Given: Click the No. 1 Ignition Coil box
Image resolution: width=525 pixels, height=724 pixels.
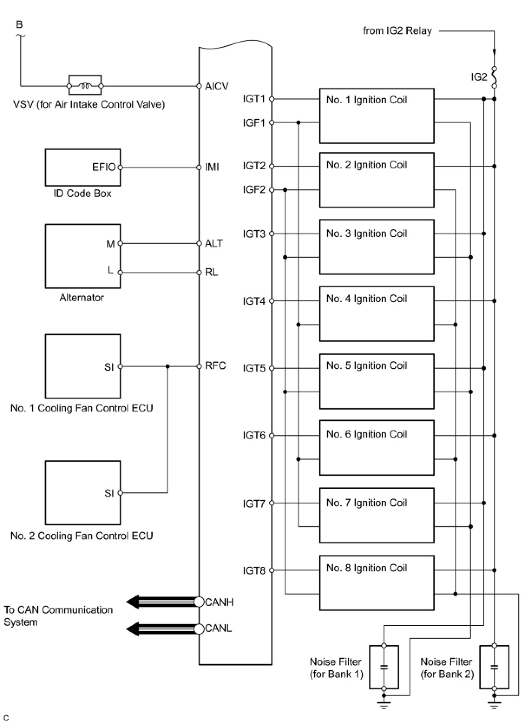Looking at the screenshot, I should tap(377, 116).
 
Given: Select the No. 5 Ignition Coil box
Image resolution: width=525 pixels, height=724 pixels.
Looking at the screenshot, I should tap(377, 381).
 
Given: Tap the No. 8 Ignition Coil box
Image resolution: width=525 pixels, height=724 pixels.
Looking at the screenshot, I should tap(377, 582).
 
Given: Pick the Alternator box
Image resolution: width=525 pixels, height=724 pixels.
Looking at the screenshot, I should tap(83, 256).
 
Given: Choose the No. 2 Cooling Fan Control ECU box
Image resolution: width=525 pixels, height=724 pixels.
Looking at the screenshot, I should tap(83, 493).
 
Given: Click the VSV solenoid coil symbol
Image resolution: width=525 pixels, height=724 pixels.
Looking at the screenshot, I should tap(85, 86).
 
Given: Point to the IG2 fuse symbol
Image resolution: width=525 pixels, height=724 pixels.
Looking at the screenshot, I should tap(494, 77).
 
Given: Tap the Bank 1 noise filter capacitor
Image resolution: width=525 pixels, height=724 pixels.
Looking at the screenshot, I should tap(384, 667).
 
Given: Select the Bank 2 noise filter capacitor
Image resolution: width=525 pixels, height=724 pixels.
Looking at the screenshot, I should tap(494, 667).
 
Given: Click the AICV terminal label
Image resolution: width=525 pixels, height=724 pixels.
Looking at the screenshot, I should tap(217, 86).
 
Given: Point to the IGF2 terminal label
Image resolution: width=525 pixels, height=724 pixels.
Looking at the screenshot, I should tap(254, 190).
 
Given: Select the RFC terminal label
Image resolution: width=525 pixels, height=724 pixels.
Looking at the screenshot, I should tap(215, 366).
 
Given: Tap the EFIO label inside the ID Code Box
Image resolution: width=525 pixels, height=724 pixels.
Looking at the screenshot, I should tap(104, 167).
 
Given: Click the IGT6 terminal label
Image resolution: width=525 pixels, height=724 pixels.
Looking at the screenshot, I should tap(254, 435).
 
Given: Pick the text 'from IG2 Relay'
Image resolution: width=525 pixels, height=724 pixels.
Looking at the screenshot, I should tap(397, 31).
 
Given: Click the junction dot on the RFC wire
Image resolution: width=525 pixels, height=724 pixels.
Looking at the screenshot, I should tap(168, 366).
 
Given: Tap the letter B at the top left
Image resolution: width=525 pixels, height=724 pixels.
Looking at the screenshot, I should tap(19, 24).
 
